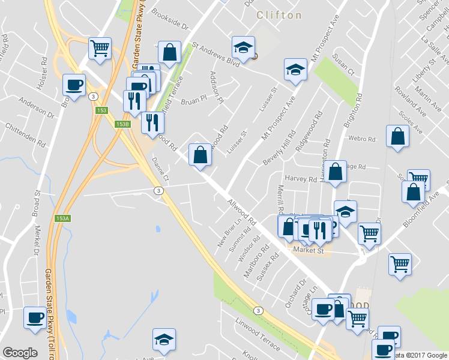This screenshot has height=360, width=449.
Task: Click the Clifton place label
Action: pyautogui.click(x=279, y=15)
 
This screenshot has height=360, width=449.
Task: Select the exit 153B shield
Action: pyautogui.click(x=122, y=124)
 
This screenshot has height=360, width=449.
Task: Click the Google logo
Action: pyautogui.click(x=20, y=353)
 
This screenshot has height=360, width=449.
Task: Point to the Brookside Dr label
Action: pyautogui.click(x=170, y=19)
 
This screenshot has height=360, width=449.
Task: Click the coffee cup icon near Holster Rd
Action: pyautogui.click(x=74, y=85)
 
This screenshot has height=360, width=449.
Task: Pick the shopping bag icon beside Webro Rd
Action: pyautogui.click(x=397, y=136)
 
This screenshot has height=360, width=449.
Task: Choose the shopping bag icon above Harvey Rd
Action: pyautogui.click(x=337, y=170)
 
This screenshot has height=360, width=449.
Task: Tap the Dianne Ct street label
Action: pyautogui.click(x=160, y=170)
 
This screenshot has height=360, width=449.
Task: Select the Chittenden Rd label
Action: pyautogui.click(x=25, y=136)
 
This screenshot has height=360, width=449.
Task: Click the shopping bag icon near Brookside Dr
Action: pyautogui.click(x=170, y=52)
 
